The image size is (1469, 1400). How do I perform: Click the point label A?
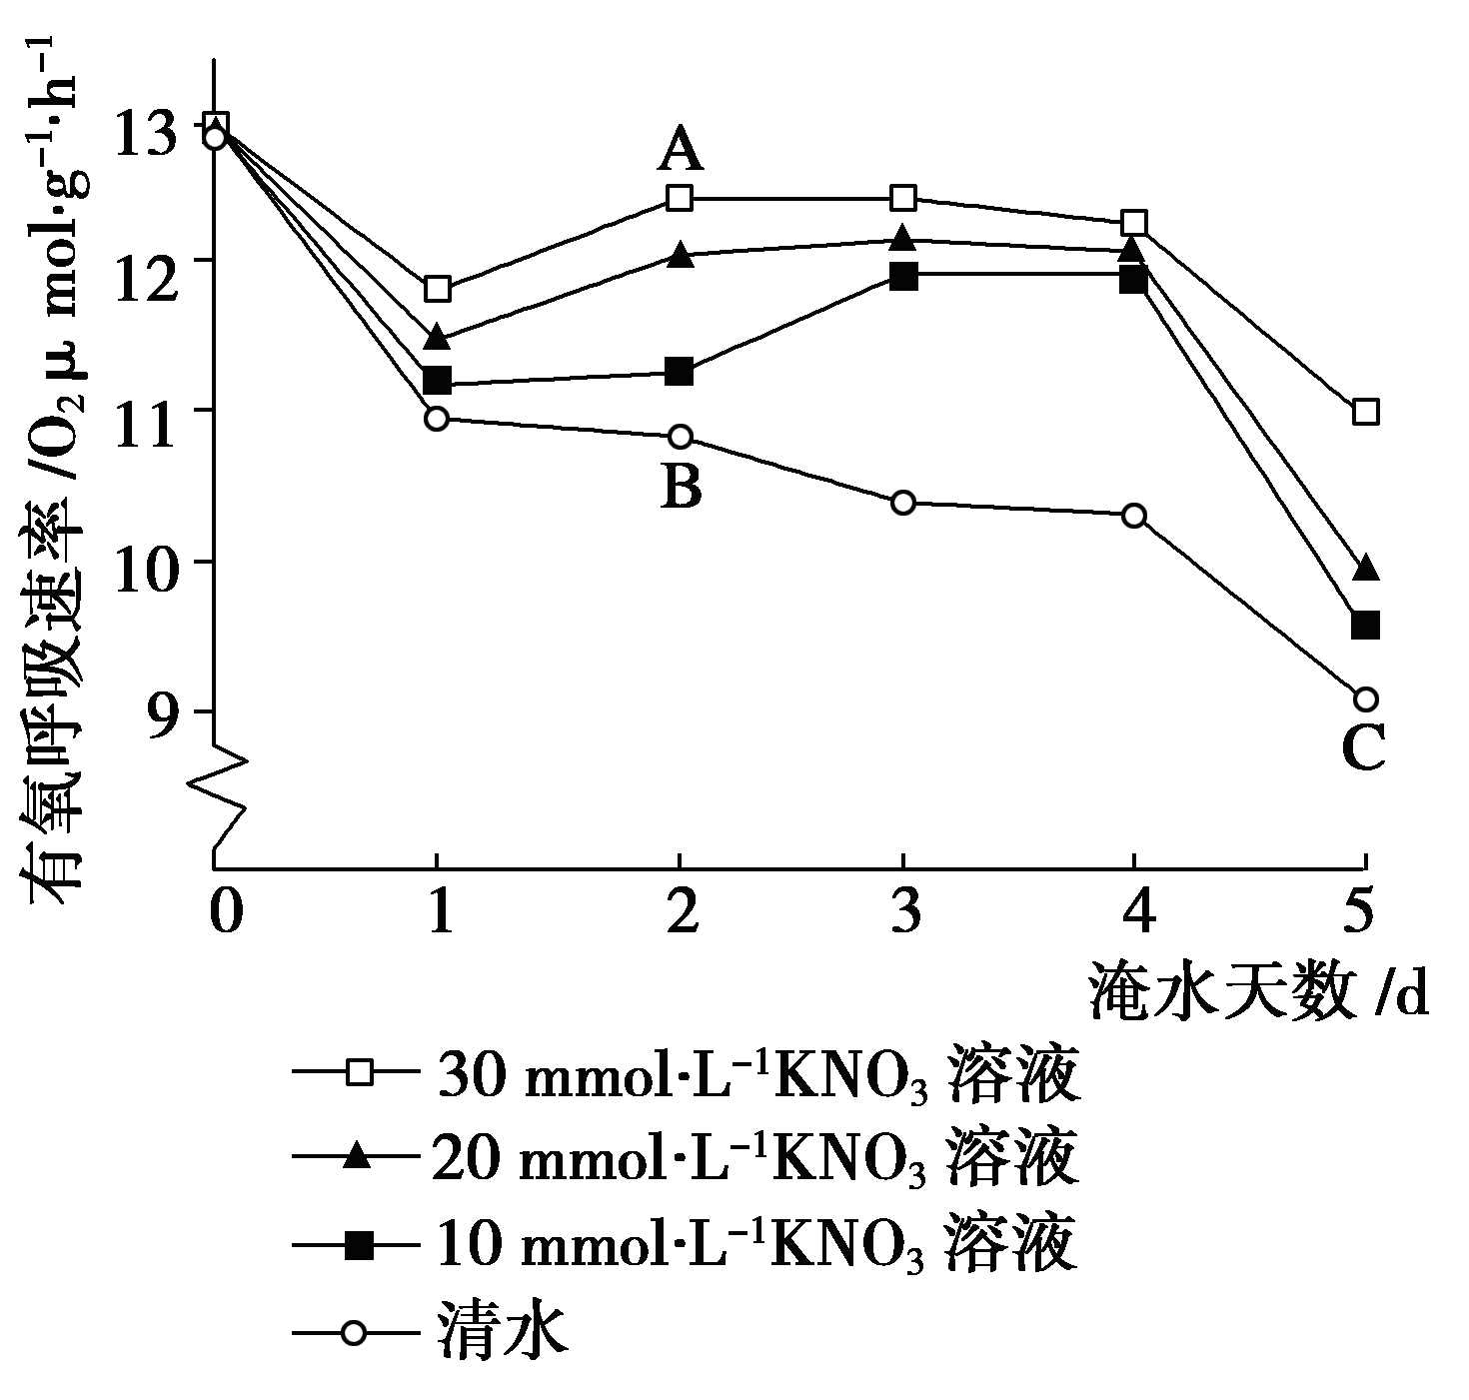point(681,152)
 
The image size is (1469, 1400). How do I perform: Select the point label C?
point(1363,747)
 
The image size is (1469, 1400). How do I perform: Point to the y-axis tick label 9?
point(171,711)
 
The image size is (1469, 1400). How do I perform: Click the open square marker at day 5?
point(1365,411)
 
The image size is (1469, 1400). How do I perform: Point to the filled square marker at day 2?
point(679,372)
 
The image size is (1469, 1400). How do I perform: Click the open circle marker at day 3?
point(903,502)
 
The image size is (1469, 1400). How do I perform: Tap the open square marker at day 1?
point(437,290)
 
